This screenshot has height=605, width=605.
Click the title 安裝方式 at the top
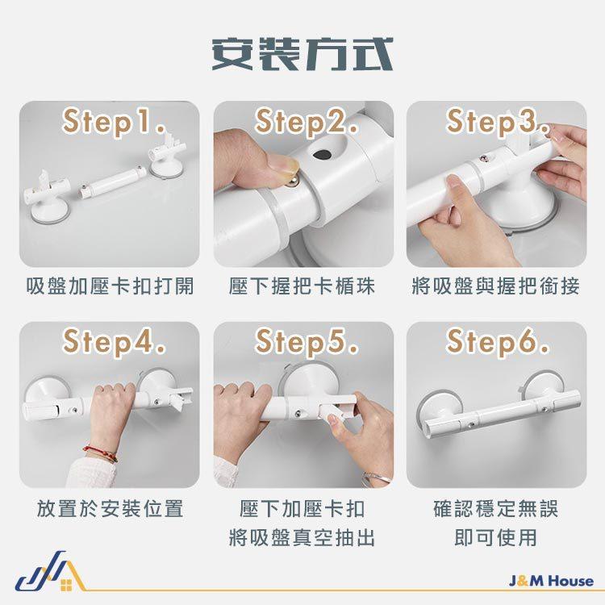tap(302, 54)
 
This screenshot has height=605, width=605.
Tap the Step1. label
tap(114, 122)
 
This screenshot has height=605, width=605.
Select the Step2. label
tap(307, 122)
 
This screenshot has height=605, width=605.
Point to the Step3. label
tap(498, 122)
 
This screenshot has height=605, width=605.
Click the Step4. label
tap(114, 342)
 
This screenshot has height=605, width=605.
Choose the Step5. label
tap(307, 342)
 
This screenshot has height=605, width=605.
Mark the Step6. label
tap(498, 342)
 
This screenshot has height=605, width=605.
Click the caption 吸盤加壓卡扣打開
tap(110, 286)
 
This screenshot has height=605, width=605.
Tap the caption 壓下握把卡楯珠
tap(302, 286)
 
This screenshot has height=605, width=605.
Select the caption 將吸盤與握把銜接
tap(496, 286)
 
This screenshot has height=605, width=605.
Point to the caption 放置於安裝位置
tap(110, 508)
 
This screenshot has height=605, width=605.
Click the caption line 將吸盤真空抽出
tap(302, 537)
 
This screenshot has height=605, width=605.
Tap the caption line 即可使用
tap(496, 537)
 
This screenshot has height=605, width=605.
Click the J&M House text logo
tap(552, 581)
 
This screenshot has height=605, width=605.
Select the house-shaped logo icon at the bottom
tap(50, 572)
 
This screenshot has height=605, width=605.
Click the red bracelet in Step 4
tap(101, 453)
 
